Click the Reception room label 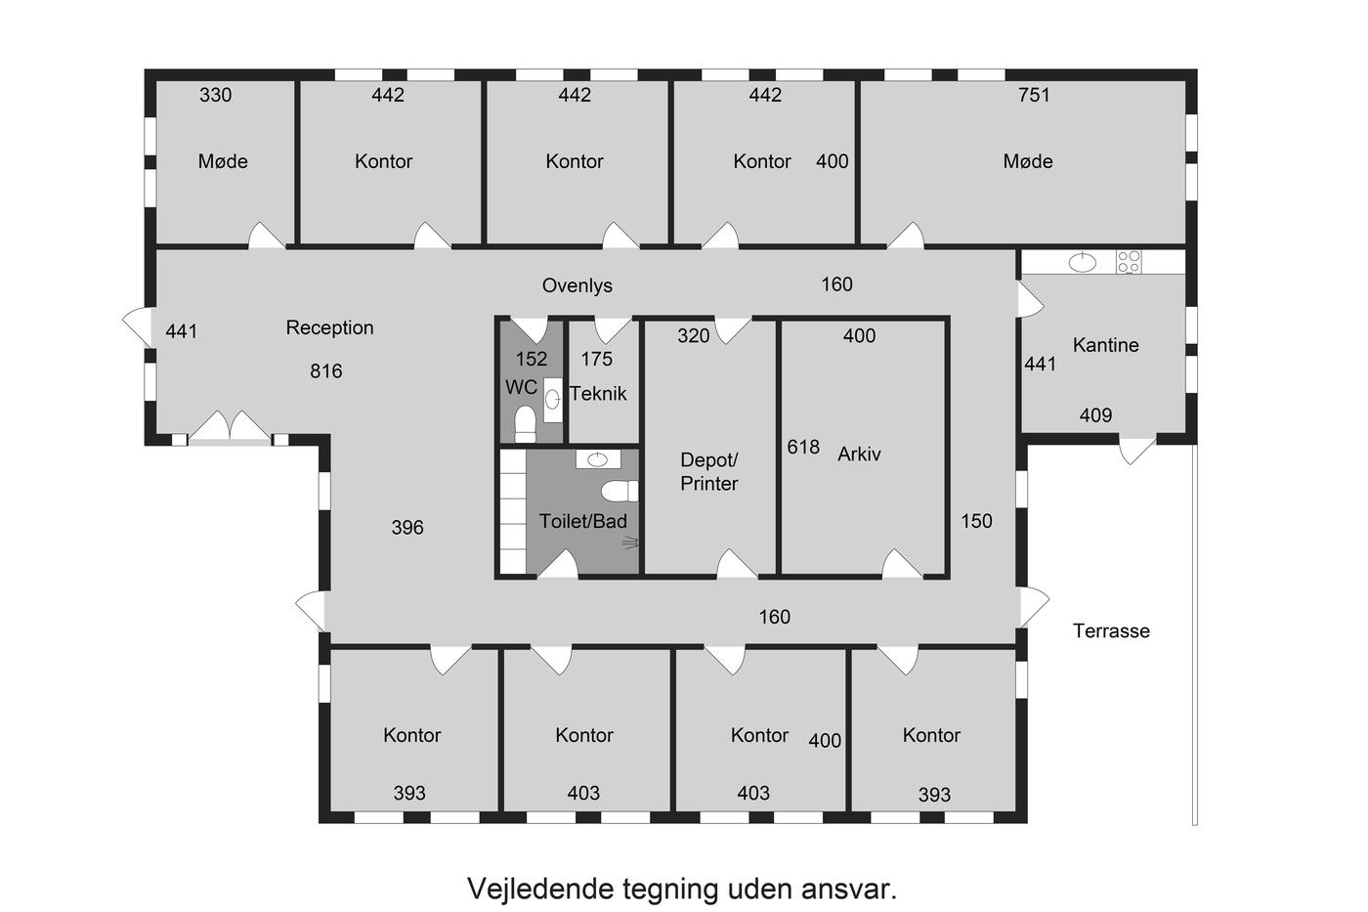click(x=330, y=328)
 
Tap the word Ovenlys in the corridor click(x=577, y=285)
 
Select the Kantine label click(x=1105, y=345)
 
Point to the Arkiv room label click(x=859, y=454)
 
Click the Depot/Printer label click(x=709, y=471)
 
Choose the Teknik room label click(x=598, y=393)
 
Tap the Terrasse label click(x=1111, y=630)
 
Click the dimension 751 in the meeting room click(x=1034, y=95)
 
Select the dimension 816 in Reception click(x=326, y=370)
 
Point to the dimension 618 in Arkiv click(x=803, y=447)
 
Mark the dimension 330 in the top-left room click(x=216, y=95)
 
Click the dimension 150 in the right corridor click(x=976, y=521)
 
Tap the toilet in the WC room click(x=526, y=423)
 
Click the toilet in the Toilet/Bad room click(x=620, y=491)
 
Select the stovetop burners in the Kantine click(x=1129, y=262)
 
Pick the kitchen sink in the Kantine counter click(x=1083, y=262)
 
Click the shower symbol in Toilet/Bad click(x=630, y=542)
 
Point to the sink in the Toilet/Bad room click(x=597, y=459)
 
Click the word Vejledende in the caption click(x=539, y=889)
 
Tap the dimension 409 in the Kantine click(x=1095, y=415)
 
